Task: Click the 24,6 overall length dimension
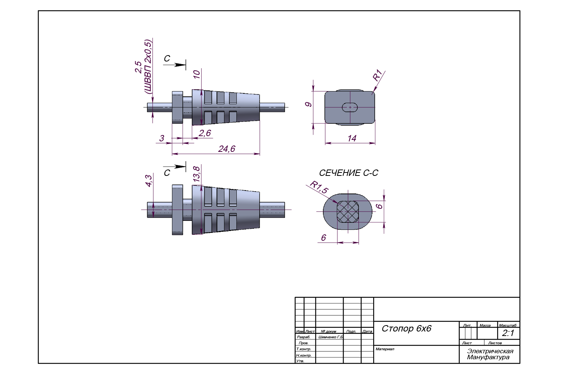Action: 227,149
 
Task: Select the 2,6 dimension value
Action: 205,133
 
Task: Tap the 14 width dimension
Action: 352,138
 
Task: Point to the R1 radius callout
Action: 377,75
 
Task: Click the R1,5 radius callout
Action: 319,187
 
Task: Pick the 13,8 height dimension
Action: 196,174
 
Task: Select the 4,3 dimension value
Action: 149,181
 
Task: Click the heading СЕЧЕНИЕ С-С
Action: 348,173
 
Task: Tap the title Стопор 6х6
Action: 407,328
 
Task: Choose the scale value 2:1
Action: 508,333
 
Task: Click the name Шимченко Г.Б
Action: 330,337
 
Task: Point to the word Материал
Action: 385,349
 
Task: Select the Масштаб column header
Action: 508,325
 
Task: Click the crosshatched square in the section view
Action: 348,212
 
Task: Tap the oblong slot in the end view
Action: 350,107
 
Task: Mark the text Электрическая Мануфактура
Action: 490,354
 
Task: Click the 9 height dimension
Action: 308,104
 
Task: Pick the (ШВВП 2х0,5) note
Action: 148,67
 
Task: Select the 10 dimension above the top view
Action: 197,74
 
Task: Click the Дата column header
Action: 367,331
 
